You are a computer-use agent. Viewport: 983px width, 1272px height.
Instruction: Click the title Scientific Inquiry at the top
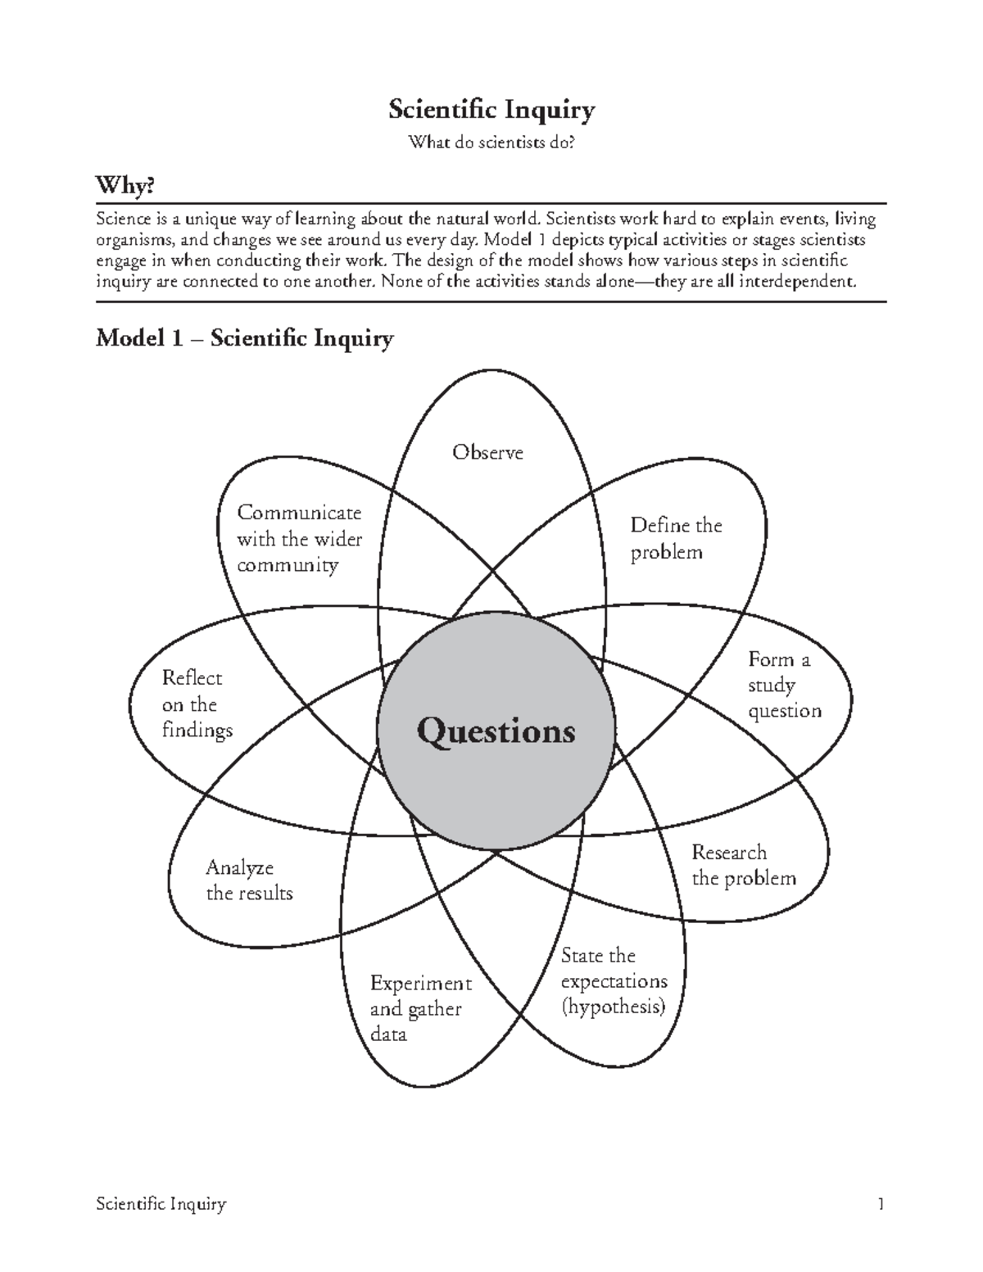(x=491, y=110)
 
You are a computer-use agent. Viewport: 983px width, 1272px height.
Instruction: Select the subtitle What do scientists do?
(x=491, y=143)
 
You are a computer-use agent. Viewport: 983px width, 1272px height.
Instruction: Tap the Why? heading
(x=125, y=187)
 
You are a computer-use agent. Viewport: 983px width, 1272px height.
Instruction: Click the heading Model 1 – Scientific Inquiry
(x=244, y=338)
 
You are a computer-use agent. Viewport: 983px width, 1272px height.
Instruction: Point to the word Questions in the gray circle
(x=496, y=731)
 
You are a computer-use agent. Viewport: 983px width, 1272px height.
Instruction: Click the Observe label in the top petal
(x=487, y=452)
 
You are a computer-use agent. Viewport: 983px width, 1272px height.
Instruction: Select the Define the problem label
(x=675, y=538)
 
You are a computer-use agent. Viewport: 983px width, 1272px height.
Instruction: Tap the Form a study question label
(x=784, y=685)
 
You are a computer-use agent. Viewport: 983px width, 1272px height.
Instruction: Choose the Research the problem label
(x=743, y=865)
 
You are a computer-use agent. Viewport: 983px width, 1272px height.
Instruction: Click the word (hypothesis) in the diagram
(x=613, y=1007)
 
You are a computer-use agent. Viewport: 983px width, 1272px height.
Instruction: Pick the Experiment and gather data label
(x=420, y=1008)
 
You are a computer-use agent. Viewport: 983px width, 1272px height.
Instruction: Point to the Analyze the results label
(x=249, y=880)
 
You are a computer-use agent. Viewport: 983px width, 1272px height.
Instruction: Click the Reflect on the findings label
(x=197, y=704)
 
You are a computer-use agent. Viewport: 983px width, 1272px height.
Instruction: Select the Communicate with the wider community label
(x=299, y=539)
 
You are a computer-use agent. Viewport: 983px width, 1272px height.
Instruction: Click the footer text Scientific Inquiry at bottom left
(x=161, y=1204)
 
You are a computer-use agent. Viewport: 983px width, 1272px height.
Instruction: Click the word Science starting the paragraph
(x=124, y=220)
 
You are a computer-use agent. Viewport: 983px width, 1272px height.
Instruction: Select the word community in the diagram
(x=288, y=565)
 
